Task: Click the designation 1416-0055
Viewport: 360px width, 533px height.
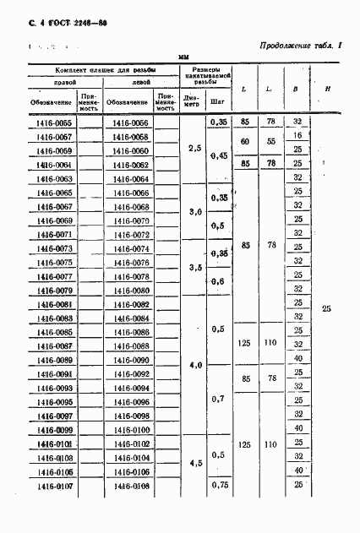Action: (x=53, y=122)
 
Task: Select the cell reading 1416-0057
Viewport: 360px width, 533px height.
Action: (x=53, y=136)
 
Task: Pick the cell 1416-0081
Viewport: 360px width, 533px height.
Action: (x=53, y=303)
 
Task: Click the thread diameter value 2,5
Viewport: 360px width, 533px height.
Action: (x=194, y=149)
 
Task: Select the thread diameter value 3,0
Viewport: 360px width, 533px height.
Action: (x=194, y=212)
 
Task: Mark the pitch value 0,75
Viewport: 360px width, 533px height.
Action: (x=220, y=486)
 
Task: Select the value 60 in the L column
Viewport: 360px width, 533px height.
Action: (x=244, y=142)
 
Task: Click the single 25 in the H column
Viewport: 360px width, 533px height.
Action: (x=327, y=309)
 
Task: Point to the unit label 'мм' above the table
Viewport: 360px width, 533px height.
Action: (x=183, y=56)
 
